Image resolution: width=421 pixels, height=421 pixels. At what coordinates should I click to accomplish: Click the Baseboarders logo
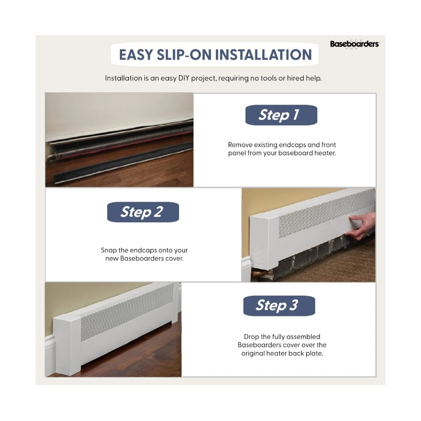pos(354,44)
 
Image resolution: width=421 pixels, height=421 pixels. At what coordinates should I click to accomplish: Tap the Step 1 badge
pos(281,115)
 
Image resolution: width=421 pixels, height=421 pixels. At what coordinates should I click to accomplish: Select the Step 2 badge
pos(143,212)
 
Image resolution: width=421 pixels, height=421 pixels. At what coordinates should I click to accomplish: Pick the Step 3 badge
pos(279,306)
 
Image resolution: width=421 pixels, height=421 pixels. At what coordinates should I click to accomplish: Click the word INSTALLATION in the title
pos(264,55)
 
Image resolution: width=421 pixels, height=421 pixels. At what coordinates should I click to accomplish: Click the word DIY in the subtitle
pos(184,78)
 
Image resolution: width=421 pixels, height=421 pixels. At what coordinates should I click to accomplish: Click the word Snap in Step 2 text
pos(109,250)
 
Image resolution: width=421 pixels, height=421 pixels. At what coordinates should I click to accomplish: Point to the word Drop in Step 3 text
pos(252,337)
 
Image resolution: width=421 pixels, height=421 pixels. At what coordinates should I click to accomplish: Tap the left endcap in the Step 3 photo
pos(67,347)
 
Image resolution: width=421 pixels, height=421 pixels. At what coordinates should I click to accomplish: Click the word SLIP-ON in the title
pos(184,55)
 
